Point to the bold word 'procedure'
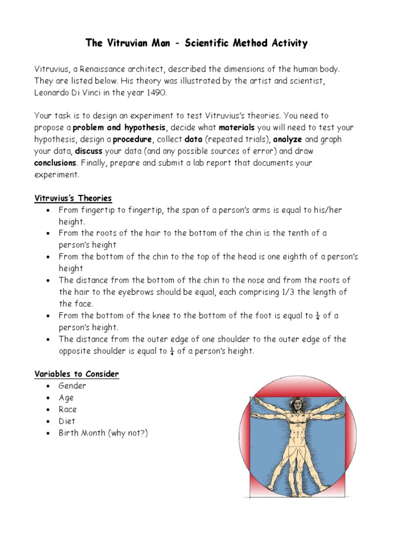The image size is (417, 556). coord(130,140)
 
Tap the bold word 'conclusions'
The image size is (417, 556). coord(55,163)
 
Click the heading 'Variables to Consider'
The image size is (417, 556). coord(77,374)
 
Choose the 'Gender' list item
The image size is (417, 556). coord(73,386)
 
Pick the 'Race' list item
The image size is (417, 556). coord(68,409)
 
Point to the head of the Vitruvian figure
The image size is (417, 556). coord(298,404)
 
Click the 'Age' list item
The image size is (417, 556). coord(66,398)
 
